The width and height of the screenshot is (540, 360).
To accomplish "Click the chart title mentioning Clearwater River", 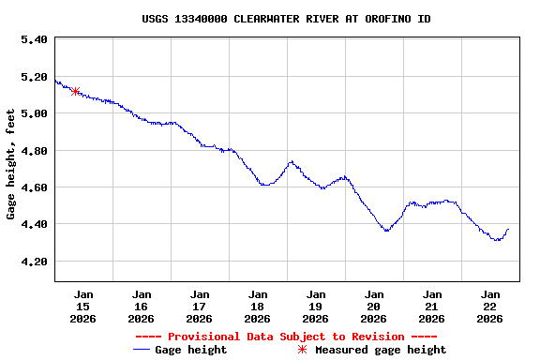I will [287, 19].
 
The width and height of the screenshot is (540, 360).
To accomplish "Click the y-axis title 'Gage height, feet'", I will [11, 164].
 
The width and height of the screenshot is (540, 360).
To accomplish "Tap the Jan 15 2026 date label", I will [83, 306].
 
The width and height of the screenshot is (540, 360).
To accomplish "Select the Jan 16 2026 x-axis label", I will [142, 306].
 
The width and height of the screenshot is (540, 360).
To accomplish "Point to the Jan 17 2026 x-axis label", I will [200, 306].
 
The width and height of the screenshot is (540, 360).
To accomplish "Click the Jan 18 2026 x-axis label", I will [258, 306].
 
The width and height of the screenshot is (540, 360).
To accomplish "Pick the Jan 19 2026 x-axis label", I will [316, 306].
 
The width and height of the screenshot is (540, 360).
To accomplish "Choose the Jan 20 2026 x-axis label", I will [374, 306].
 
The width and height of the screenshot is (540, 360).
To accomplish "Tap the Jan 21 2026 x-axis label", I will [432, 306].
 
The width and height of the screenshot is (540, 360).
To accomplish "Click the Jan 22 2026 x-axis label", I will [490, 306].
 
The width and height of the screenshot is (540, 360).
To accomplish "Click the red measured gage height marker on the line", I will [75, 91].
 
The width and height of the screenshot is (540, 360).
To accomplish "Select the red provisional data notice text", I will [287, 337].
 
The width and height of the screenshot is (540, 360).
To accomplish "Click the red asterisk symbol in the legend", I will [302, 350].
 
